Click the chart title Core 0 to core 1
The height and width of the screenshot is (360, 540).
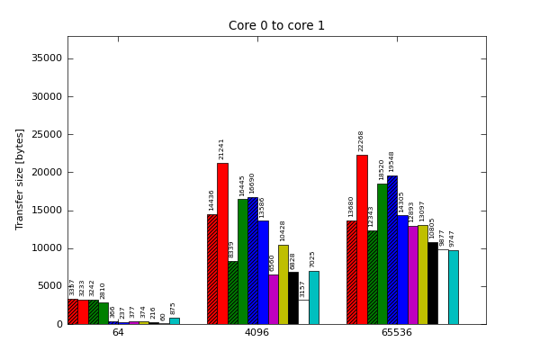(x=276, y=26)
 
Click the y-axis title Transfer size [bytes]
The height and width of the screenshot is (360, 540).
(x=20, y=178)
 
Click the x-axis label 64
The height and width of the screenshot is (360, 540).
(x=118, y=333)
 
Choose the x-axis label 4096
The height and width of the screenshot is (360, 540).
(x=257, y=333)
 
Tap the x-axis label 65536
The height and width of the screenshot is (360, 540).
(x=396, y=333)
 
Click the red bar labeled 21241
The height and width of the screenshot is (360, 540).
(x=222, y=243)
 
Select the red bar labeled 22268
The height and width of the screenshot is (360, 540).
(x=362, y=239)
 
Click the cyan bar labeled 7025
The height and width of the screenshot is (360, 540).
(x=313, y=297)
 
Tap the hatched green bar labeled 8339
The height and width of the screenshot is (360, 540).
(x=232, y=292)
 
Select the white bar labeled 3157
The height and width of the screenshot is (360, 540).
(x=303, y=311)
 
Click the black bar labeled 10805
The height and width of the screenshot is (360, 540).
(x=433, y=283)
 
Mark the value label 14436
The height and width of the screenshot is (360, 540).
(x=212, y=200)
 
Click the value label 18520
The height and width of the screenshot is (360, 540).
(x=382, y=169)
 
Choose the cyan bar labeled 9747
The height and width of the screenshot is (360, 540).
(x=454, y=287)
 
